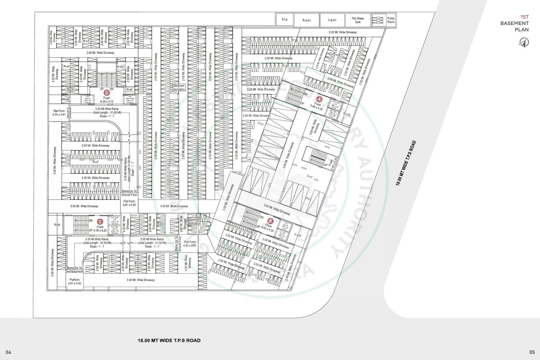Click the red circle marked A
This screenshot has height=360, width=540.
point(319,99)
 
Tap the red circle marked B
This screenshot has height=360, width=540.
point(270,221)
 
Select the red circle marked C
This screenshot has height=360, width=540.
point(100,221)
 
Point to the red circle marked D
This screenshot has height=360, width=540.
point(107,93)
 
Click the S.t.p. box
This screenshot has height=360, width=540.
point(285,20)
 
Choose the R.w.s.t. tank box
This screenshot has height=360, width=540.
point(307,20)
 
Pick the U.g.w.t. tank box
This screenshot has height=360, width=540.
point(333,20)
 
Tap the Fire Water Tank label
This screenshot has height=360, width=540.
point(357,20)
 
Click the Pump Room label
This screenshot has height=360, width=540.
point(390,20)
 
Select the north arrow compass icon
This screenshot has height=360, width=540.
point(523,42)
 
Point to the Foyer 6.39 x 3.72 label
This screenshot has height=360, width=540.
point(107,100)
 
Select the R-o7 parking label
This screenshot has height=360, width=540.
point(95,162)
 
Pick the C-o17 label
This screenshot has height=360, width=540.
point(297,235)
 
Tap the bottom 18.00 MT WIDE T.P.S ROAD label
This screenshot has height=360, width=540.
point(169,340)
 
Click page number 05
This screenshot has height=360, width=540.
point(532,351)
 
